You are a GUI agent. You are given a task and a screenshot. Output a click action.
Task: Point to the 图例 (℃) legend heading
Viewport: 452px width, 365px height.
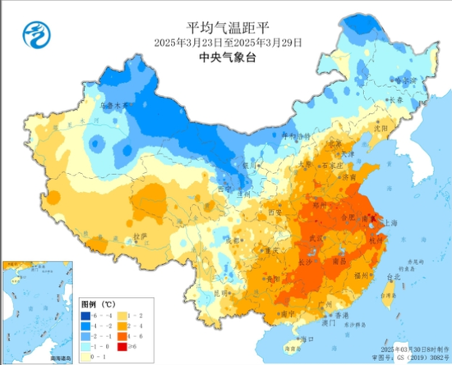(x=98, y=303)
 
